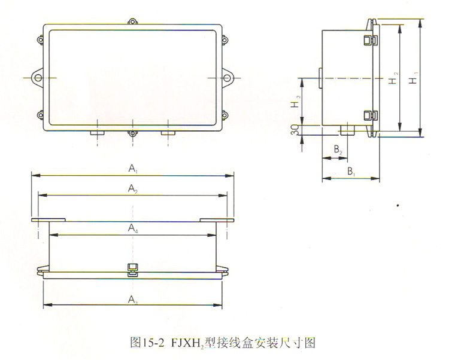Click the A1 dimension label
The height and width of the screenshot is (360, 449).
click(132, 169)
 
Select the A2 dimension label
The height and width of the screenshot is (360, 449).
click(132, 188)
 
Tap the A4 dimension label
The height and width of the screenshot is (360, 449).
click(132, 227)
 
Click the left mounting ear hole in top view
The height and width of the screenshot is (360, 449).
click(37, 78)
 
